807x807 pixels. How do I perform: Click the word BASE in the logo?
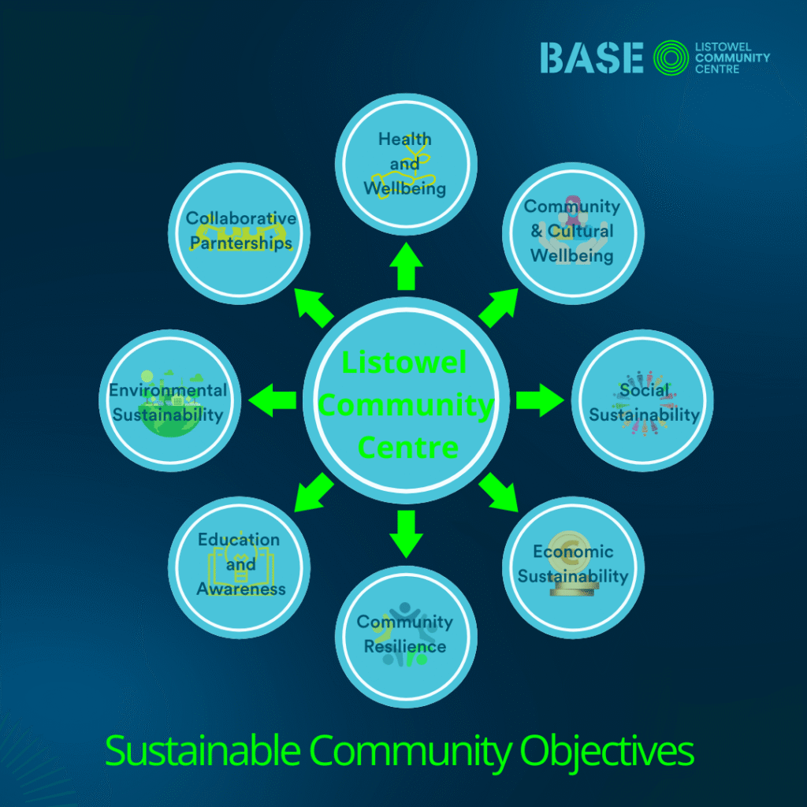[591, 58]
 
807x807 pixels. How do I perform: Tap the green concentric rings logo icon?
[671, 58]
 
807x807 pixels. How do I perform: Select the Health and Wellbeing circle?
[406, 164]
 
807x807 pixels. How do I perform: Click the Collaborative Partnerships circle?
[239, 233]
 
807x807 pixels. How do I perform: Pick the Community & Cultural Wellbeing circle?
[573, 233]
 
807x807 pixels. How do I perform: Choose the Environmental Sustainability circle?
[170, 400]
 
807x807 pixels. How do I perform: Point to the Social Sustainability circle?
[642, 400]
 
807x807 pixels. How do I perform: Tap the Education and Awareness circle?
[239, 567]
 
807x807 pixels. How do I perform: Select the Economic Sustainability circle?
[573, 567]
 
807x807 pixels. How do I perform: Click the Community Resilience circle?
[406, 637]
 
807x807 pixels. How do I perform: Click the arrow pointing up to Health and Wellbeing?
[406, 266]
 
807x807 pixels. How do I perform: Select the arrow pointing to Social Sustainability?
[540, 400]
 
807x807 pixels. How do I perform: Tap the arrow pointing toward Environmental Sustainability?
[272, 400]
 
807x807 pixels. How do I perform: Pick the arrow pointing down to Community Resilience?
[406, 534]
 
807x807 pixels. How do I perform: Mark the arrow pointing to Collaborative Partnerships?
[314, 308]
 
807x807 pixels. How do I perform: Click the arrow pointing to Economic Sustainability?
[498, 493]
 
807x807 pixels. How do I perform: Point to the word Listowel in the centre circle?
[404, 362]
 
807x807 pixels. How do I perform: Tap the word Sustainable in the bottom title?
[203, 750]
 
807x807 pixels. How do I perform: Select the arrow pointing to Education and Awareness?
[314, 493]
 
